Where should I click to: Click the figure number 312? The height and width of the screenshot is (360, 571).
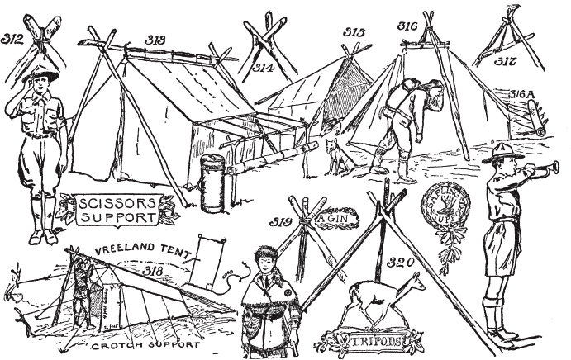pos(13,38)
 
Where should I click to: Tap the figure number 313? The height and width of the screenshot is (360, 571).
pos(155,39)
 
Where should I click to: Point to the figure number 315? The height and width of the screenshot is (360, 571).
pos(354,32)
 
